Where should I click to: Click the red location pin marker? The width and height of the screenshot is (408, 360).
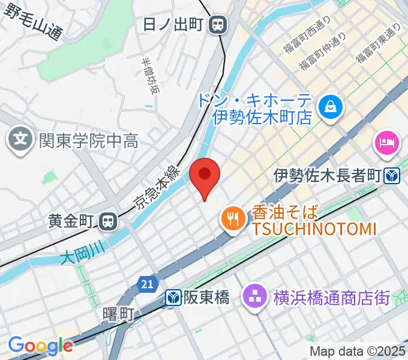point(205,175)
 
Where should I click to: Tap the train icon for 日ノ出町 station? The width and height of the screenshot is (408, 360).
point(218,25)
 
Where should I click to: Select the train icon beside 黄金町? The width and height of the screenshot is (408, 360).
point(108,221)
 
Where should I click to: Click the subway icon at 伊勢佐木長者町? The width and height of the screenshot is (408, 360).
point(393,175)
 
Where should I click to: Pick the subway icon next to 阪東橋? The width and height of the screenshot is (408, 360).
point(173,297)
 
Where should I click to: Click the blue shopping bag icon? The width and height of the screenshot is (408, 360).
point(330,107)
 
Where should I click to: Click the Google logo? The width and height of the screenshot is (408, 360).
point(40,346)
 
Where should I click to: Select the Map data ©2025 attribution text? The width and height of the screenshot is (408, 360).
point(358,351)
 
